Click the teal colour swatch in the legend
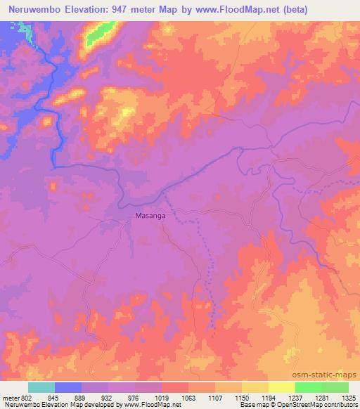[x=41, y=387]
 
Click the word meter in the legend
[x=10, y=397]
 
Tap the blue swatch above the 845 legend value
[x=68, y=387]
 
